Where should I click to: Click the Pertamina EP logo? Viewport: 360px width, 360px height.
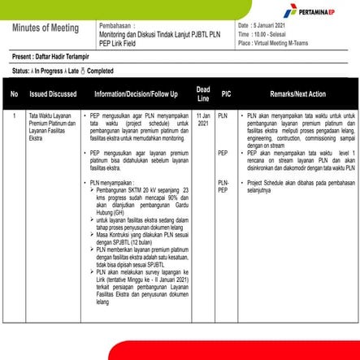pyautogui.click(x=319, y=14)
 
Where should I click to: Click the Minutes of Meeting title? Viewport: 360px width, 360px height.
pyautogui.click(x=46, y=28)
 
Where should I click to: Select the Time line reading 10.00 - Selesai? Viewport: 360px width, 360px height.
pyautogui.click(x=267, y=35)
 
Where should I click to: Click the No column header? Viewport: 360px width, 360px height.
pyautogui.click(x=14, y=94)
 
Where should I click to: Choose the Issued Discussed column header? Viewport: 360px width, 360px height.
pyautogui.click(x=53, y=94)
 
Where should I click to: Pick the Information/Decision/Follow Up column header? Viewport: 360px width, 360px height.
pyautogui.click(x=136, y=94)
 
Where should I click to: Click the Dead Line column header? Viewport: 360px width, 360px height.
pyautogui.click(x=203, y=94)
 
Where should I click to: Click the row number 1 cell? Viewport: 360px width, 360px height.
pyautogui.click(x=14, y=116)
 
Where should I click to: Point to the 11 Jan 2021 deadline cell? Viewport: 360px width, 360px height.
pyautogui.click(x=203, y=120)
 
